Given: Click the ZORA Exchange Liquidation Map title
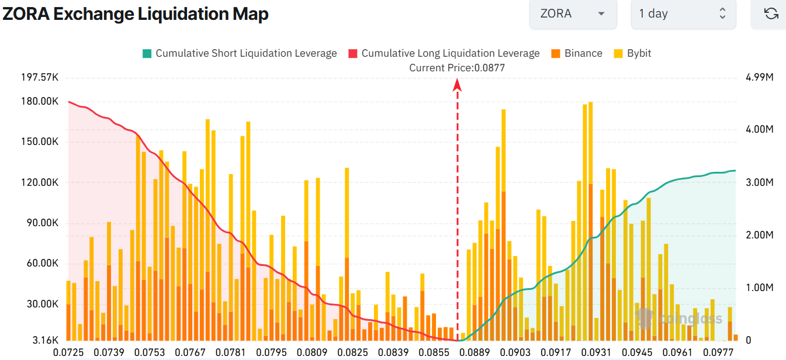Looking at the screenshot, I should point(136,14).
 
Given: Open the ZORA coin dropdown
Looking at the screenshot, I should point(572,13).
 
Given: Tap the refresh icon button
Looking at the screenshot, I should point(771,13).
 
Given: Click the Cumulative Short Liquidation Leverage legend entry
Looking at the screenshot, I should point(240,53).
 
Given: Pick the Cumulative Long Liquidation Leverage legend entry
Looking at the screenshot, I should point(444,53).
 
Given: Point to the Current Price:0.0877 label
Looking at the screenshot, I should point(457,68).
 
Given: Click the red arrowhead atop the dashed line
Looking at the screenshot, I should point(458,85).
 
